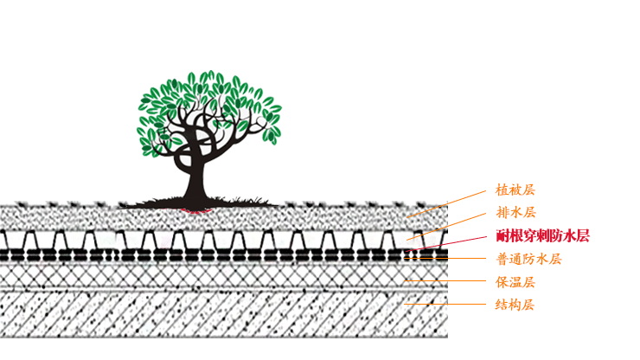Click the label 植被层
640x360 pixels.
pyautogui.click(x=516, y=189)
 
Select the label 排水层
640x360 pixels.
pyautogui.click(x=516, y=212)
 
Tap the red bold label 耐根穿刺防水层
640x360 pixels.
pyautogui.click(x=542, y=235)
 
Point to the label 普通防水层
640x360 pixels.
pyautogui.click(x=528, y=259)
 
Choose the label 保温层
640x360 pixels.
pyautogui.click(x=516, y=282)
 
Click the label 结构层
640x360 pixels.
pyautogui.click(x=516, y=305)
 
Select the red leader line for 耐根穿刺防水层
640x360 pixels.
pyautogui.click(x=454, y=241)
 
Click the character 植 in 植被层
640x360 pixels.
pyautogui.click(x=502, y=189)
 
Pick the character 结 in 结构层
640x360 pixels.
pyautogui.click(x=502, y=305)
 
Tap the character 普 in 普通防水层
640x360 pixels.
pyautogui.click(x=502, y=259)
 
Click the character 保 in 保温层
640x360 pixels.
pyautogui.click(x=502, y=282)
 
